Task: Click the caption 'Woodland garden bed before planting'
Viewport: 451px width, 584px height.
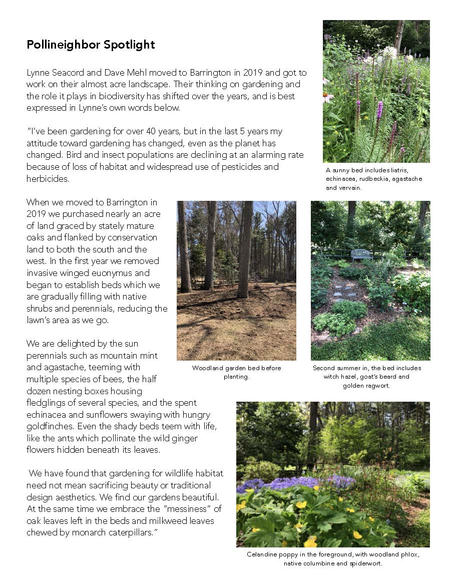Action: [236, 372]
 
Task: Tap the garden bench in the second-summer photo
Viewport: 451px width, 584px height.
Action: [361, 254]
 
